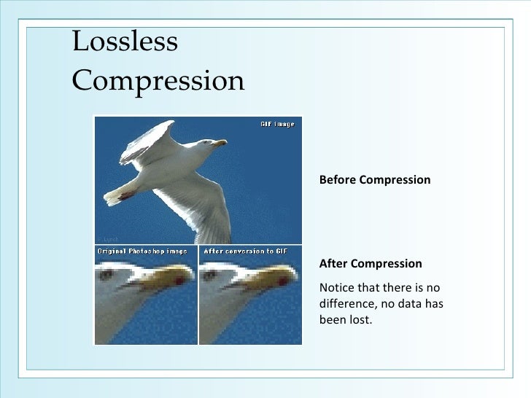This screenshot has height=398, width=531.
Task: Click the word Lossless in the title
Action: pos(125,42)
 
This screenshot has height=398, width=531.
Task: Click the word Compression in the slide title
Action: pos(158,81)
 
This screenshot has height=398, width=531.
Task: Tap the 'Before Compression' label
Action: pos(374,179)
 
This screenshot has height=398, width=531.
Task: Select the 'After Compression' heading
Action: pos(371,263)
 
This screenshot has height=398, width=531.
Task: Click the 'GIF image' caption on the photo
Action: pos(277,124)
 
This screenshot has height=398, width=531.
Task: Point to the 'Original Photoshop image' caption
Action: pos(142,251)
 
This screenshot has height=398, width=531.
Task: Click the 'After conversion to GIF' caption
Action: pos(246,251)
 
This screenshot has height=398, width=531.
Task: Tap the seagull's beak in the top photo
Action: pos(219,143)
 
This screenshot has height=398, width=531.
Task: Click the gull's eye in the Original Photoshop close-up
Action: pos(106,276)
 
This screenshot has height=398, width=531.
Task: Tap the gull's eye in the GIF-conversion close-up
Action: pos(210,276)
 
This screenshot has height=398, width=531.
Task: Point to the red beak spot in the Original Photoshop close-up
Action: pos(178,281)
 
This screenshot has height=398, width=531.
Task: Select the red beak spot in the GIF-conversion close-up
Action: pos(282,281)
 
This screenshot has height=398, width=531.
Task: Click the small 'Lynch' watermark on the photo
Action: pos(110,238)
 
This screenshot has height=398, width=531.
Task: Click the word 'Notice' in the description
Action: pos(338,286)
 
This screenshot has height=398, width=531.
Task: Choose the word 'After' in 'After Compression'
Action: pos(333,263)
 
